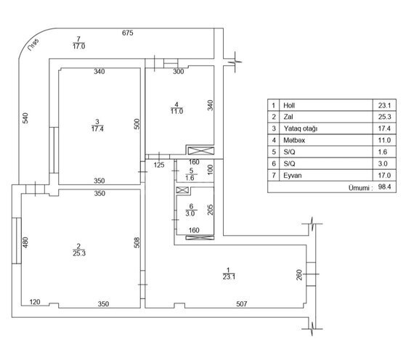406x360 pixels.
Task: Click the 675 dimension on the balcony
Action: click(128, 33)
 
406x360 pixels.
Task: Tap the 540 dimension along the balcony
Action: click(25, 118)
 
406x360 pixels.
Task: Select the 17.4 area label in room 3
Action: click(97, 128)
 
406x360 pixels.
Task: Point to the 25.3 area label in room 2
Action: click(79, 253)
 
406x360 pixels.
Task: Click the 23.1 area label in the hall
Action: click(229, 277)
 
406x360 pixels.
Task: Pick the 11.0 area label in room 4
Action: click(176, 111)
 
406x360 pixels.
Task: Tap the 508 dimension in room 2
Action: click(137, 242)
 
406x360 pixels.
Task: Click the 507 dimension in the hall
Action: click(242, 304)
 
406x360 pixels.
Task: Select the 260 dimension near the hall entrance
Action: click(299, 275)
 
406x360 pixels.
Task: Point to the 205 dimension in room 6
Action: click(210, 210)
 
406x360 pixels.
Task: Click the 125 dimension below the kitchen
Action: click(159, 165)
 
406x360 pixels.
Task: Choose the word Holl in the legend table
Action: click(289, 105)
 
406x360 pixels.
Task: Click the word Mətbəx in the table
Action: click(294, 140)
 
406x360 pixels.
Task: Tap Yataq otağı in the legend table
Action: click(301, 128)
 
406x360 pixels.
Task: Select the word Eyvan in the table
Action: click(292, 176)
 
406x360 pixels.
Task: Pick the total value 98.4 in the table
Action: click(384, 187)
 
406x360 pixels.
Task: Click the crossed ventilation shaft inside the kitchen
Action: click(201, 151)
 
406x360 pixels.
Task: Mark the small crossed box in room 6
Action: click(182, 190)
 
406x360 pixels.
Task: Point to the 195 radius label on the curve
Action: click(33, 45)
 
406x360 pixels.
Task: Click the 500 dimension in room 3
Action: click(137, 124)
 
